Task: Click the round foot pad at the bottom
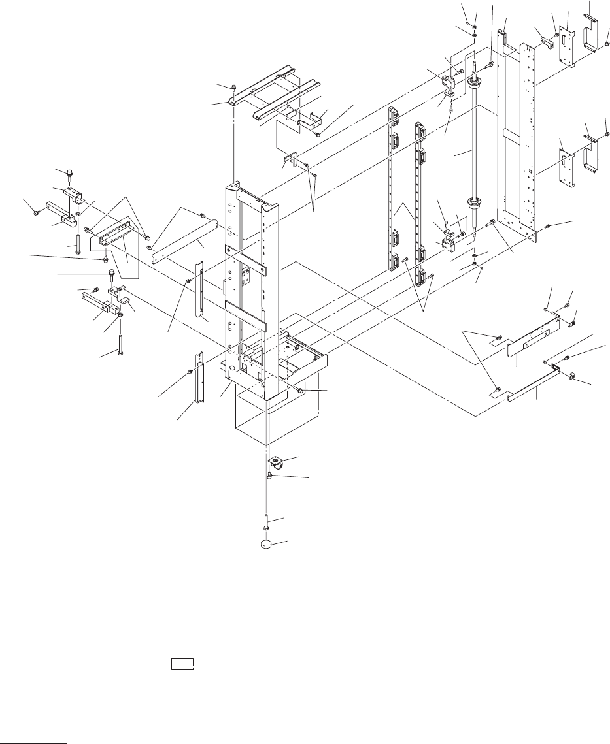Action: coord(266,543)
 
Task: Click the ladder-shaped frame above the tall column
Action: coord(275,91)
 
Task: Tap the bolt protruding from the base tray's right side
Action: coord(300,390)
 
